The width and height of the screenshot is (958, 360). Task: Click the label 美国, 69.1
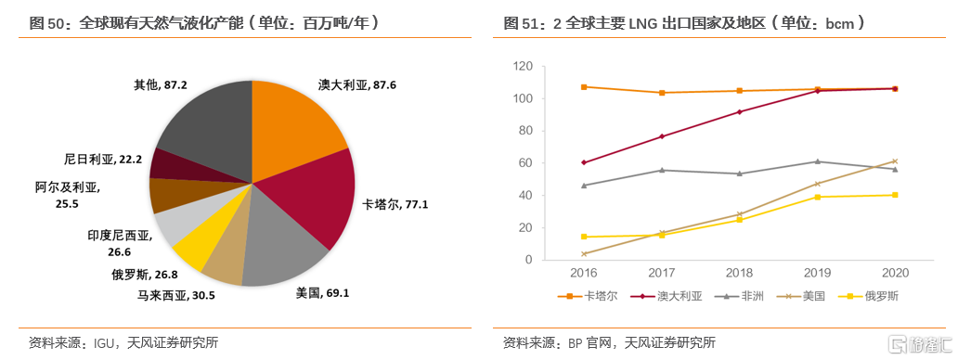(x=322, y=292)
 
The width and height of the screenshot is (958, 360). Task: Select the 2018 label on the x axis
(x=740, y=274)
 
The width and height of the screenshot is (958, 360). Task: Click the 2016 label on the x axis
(x=583, y=274)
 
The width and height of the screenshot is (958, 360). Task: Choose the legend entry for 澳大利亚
(x=670, y=296)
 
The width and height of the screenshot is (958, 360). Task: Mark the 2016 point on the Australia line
(x=583, y=162)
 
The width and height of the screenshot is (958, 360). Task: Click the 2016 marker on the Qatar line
(x=583, y=87)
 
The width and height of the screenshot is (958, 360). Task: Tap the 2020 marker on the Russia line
(x=895, y=195)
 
